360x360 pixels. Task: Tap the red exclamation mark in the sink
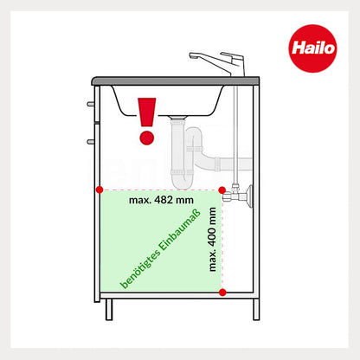[146, 119]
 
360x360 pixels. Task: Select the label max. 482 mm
[162, 199]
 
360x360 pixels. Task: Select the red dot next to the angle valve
[223, 189]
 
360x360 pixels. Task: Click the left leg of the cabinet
[109, 309]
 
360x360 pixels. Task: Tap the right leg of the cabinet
[255, 309]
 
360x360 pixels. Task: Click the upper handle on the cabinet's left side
[90, 103]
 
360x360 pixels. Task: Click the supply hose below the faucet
[235, 130]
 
